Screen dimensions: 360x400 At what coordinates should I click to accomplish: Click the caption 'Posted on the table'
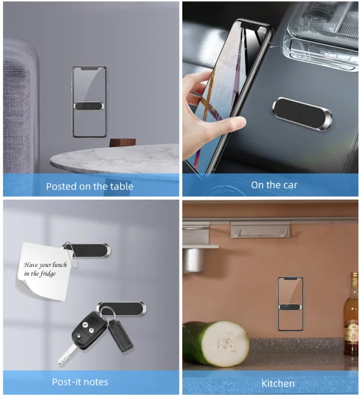pos(89,186)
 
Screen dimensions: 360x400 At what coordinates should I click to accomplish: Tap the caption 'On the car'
pos(274,185)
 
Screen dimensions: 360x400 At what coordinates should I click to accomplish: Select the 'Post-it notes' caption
pos(80,382)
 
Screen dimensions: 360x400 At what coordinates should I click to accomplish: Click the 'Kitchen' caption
pos(278,383)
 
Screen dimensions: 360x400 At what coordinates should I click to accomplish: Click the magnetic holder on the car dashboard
pos(302,114)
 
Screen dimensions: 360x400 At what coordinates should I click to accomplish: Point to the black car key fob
pos(88,329)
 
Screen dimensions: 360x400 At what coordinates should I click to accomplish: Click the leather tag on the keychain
pos(120,336)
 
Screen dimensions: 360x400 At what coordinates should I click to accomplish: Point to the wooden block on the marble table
pos(123,143)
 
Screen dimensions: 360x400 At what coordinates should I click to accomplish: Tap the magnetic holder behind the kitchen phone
pos(289,307)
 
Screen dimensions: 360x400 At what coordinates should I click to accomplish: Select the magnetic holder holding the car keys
pos(121,308)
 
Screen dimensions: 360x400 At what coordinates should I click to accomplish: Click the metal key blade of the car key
pos(67,354)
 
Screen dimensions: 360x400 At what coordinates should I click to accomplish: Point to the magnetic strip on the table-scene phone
pos(89,106)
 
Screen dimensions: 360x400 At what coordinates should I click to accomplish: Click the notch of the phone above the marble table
pos(89,69)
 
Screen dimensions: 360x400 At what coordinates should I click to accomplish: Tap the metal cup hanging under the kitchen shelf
pos(195,260)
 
